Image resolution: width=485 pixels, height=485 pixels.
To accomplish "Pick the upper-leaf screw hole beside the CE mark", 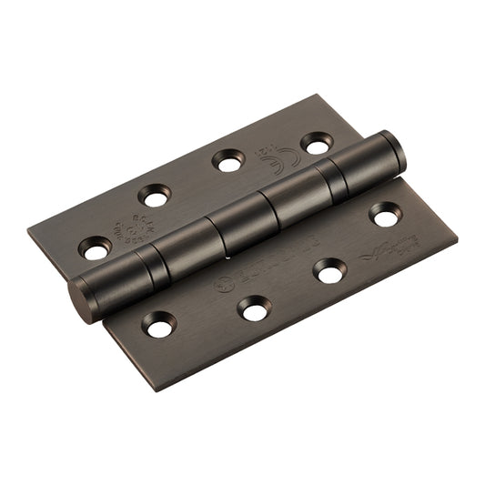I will point(316,143).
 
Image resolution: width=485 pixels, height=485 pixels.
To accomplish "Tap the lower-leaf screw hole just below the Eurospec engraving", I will point(254,309).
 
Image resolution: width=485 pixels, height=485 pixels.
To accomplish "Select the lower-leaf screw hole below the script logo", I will point(328,269).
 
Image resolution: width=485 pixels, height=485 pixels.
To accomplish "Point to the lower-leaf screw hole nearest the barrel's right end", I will point(385,216).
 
